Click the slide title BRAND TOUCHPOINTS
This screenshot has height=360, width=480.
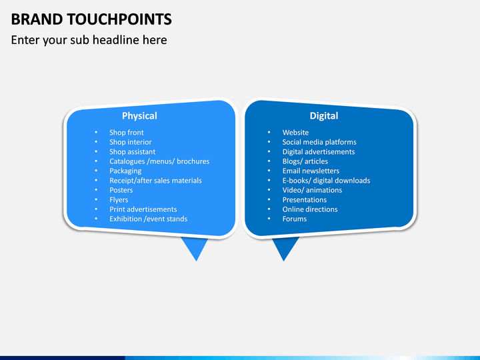click(91, 19)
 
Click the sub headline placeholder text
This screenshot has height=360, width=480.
click(89, 40)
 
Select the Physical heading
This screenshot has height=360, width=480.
click(139, 116)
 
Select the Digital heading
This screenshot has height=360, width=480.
click(323, 116)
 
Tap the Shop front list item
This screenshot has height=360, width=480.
click(127, 133)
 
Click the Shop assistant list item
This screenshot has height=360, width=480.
click(133, 152)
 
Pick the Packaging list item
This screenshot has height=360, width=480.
click(125, 171)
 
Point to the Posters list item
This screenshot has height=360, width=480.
click(121, 190)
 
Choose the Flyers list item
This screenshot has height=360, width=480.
click(119, 199)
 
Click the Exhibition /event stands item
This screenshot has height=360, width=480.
click(149, 219)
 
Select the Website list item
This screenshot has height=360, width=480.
click(295, 133)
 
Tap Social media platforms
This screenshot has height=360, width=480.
click(319, 142)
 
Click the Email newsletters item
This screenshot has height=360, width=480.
click(311, 171)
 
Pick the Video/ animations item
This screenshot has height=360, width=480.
click(312, 190)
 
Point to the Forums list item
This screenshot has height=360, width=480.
click(295, 219)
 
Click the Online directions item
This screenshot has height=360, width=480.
click(310, 209)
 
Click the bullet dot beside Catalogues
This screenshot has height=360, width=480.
click(96, 161)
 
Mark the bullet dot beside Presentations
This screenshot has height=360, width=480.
click(269, 200)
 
